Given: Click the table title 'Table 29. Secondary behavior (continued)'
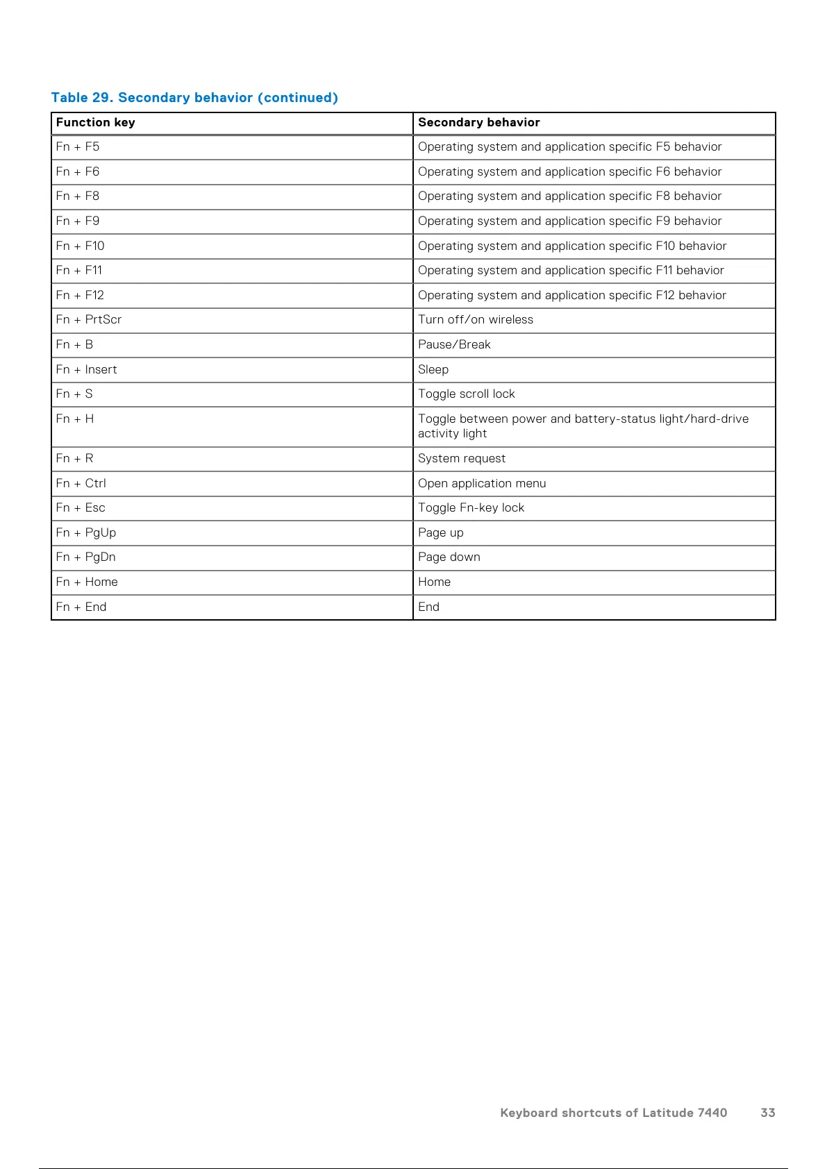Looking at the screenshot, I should (x=194, y=98).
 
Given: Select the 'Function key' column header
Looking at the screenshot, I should (x=96, y=123).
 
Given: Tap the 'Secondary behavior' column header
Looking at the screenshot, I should (x=478, y=123).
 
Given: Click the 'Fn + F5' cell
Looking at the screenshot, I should (x=78, y=147).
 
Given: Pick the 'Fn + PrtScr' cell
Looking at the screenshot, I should (x=89, y=320).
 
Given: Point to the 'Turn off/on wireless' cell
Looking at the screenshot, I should (x=476, y=320).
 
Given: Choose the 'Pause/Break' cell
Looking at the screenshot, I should (x=454, y=345).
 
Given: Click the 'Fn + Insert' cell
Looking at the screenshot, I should (x=87, y=370).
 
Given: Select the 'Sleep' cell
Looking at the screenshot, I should (x=433, y=370).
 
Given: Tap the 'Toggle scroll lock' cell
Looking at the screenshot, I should (x=467, y=394).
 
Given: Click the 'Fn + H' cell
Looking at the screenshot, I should (x=75, y=419).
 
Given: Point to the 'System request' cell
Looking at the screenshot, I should (x=462, y=459).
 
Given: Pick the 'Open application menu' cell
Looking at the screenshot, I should (x=482, y=484).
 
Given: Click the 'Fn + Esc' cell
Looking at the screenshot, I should (x=81, y=508).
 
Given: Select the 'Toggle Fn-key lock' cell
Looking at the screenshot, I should (x=471, y=508).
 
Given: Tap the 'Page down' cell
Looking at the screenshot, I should (x=449, y=557).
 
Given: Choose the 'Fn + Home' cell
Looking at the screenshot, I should (x=87, y=582).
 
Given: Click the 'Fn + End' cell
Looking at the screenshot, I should (x=81, y=607).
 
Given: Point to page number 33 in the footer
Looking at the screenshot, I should (x=767, y=1113).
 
